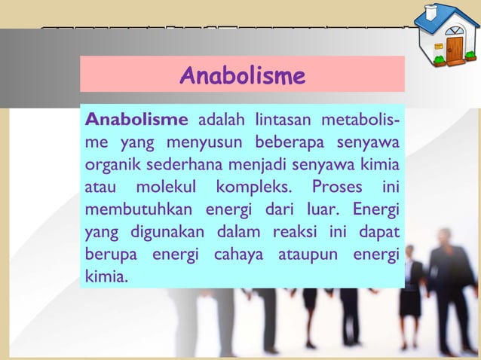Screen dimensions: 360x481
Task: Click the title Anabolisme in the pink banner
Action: click(242, 76)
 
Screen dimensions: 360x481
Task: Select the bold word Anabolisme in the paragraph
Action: click(136, 119)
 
